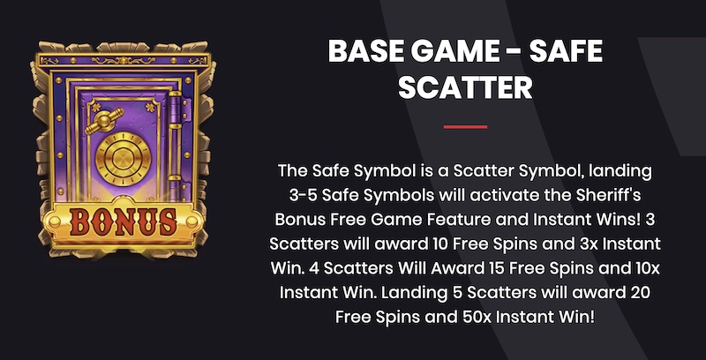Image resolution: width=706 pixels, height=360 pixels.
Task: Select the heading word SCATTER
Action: (x=465, y=87)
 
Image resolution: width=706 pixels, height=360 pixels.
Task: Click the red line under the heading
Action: (x=465, y=127)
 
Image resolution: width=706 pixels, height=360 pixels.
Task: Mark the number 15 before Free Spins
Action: (x=495, y=268)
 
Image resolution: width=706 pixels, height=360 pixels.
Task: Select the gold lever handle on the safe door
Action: (x=104, y=120)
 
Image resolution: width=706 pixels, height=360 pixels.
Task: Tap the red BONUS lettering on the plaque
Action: (x=123, y=222)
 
